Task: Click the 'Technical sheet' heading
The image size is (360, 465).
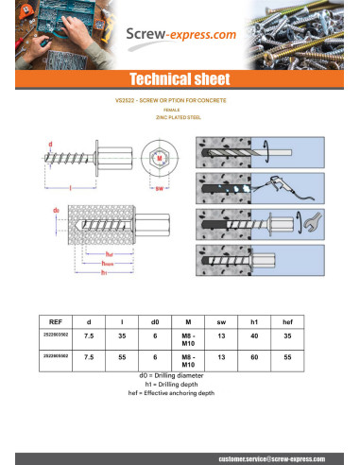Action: pyautogui.click(x=180, y=78)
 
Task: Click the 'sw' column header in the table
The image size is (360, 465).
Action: pyautogui.click(x=219, y=321)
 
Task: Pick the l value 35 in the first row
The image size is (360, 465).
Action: pyautogui.click(x=122, y=335)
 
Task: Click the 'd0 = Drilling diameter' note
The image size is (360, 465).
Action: pyautogui.click(x=180, y=375)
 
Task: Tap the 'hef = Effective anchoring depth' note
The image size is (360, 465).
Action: pyautogui.click(x=180, y=392)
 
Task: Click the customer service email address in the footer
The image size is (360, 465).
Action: pyautogui.click(x=278, y=456)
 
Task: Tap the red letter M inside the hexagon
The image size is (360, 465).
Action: pyautogui.click(x=161, y=156)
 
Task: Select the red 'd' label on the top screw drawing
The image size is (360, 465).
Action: pyautogui.click(x=51, y=143)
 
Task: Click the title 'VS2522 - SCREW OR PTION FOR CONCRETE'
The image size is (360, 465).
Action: pyautogui.click(x=180, y=99)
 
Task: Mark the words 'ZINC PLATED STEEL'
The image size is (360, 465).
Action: pyautogui.click(x=180, y=117)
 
